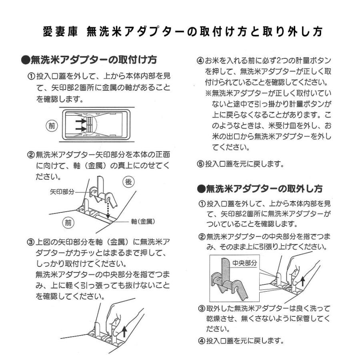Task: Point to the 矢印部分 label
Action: click(x=63, y=192)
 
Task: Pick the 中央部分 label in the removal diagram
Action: click(x=244, y=264)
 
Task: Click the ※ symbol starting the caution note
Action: click(x=208, y=93)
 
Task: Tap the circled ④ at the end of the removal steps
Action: click(x=202, y=341)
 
